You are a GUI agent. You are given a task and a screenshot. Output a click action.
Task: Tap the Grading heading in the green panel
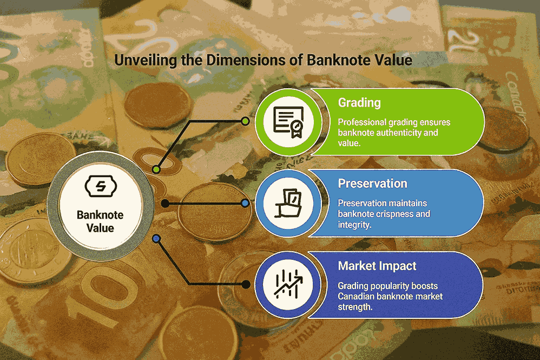click(x=359, y=103)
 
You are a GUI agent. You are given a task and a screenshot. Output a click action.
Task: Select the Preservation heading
click(x=373, y=184)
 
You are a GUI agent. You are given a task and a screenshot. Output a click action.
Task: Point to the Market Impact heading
click(x=377, y=266)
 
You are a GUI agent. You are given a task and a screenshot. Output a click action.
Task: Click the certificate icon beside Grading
click(x=288, y=122)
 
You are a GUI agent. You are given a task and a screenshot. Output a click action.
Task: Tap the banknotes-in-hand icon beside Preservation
click(x=288, y=203)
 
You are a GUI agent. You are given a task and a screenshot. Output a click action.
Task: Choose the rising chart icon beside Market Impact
click(x=288, y=284)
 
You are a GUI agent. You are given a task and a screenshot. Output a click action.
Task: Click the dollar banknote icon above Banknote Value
click(x=101, y=186)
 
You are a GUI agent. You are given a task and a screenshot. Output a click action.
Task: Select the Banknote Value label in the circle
click(x=100, y=221)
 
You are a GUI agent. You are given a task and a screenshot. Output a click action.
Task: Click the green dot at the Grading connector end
click(x=245, y=121)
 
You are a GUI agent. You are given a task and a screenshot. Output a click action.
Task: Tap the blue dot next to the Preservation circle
click(x=245, y=203)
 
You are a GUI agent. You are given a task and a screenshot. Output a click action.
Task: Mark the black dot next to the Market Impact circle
click(x=246, y=284)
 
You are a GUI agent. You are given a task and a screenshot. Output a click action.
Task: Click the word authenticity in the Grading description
click(x=399, y=133)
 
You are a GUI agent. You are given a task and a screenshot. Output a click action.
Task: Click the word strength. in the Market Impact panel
click(x=355, y=306)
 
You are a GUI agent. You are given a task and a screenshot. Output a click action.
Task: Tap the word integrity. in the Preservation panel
click(x=354, y=225)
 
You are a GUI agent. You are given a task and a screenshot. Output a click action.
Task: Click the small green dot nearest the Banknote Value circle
click(x=156, y=169)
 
